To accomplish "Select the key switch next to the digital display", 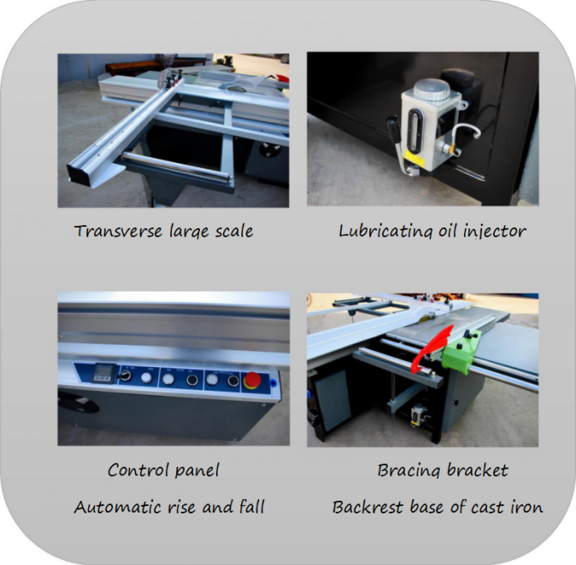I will [x=127, y=373].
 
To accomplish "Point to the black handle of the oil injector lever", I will [x=392, y=128].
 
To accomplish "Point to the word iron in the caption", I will [x=523, y=507].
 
